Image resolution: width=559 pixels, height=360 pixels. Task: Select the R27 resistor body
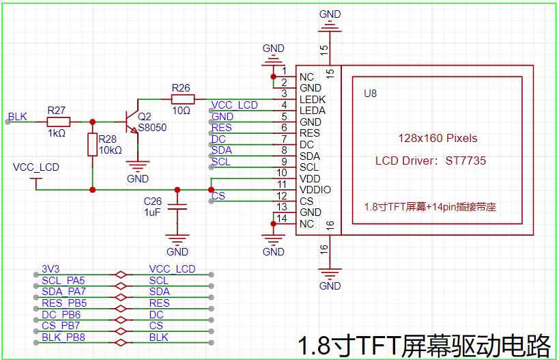coord(58,122)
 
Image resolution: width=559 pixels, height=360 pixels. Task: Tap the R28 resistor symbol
coord(93,145)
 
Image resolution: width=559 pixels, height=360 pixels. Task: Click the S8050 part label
coord(152,127)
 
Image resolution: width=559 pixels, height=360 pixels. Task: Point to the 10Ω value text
coord(181,110)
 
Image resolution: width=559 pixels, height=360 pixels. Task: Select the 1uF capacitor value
coord(152,213)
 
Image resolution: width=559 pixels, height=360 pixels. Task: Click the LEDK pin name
coord(313,99)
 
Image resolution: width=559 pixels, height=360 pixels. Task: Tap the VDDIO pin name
coord(315,189)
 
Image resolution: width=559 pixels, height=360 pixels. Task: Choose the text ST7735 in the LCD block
coord(467,161)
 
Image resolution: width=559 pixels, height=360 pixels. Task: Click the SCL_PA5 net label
coord(63,280)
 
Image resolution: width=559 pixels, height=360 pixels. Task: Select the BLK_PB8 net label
coord(63,337)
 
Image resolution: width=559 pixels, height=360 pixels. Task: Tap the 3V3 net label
coord(51,269)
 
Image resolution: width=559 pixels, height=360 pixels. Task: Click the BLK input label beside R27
coord(18,116)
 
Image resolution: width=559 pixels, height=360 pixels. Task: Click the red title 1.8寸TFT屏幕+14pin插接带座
coord(434,206)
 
